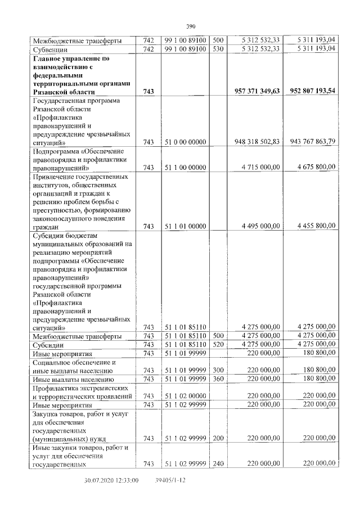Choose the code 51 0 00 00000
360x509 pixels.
pyautogui.click(x=186, y=142)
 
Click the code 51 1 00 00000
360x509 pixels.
pyautogui.click(x=186, y=167)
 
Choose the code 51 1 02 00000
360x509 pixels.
pyautogui.click(x=186, y=397)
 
